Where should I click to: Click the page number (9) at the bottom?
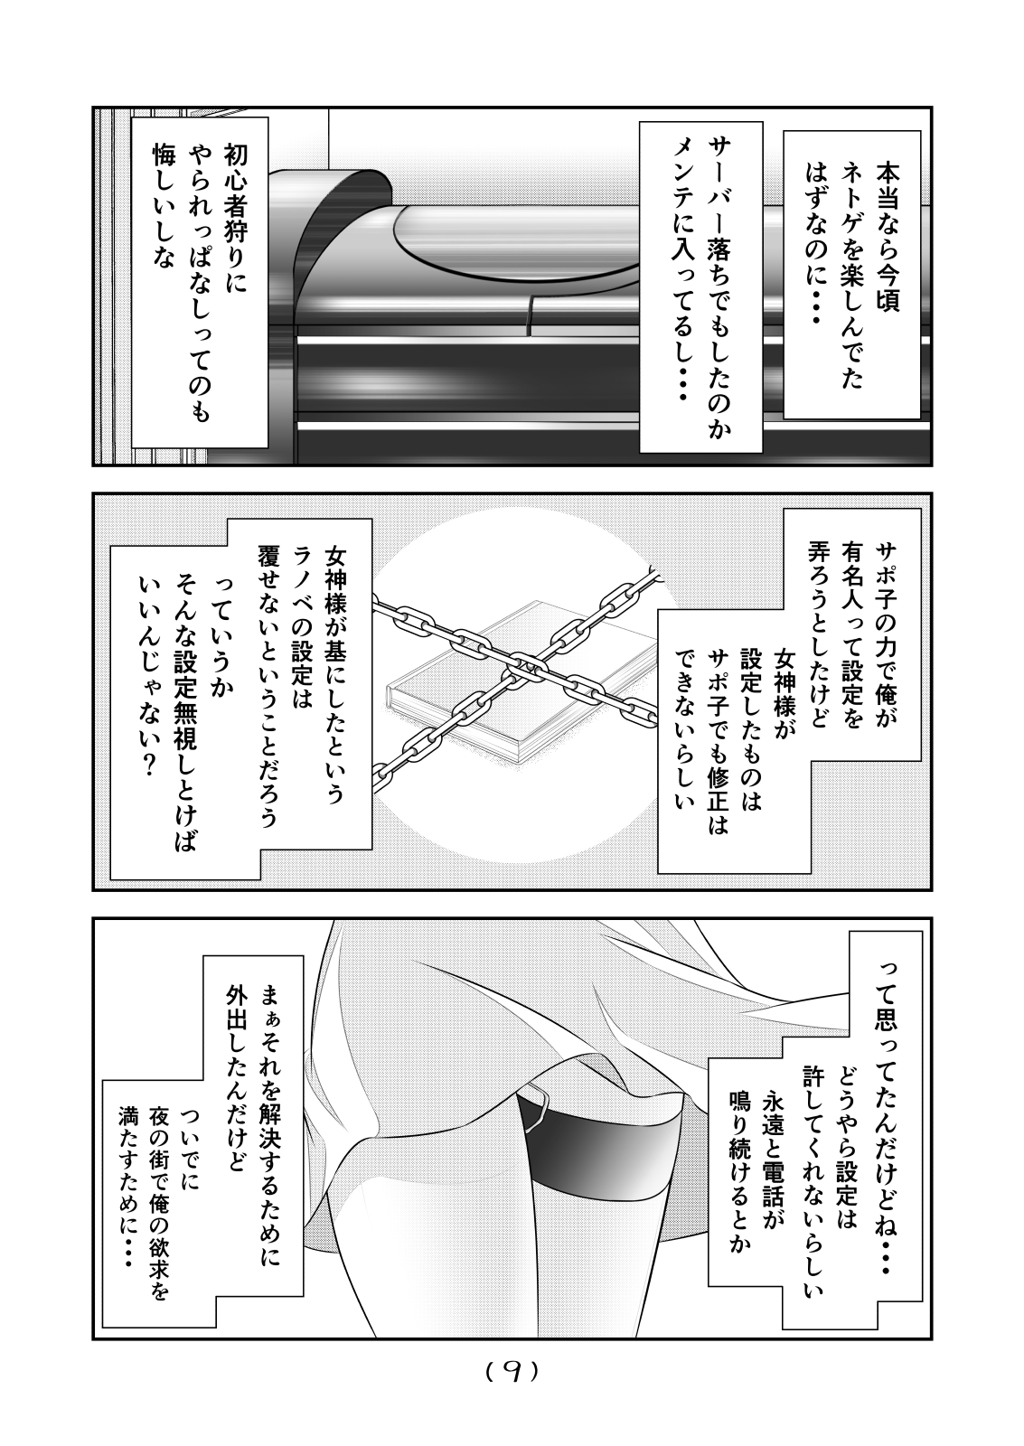click(x=512, y=1372)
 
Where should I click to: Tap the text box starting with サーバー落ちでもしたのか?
click(x=700, y=286)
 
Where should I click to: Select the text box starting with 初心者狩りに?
click(x=198, y=280)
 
